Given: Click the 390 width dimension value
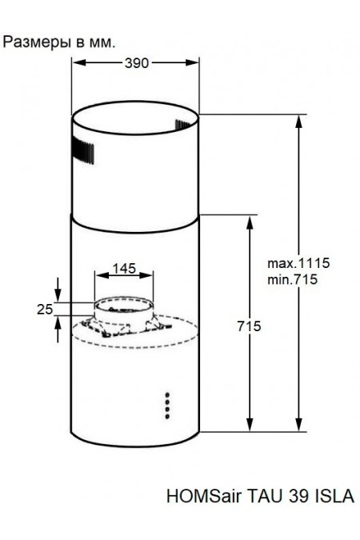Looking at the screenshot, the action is click(137, 63).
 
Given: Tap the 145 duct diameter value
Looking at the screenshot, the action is click(124, 268).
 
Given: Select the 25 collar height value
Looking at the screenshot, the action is click(45, 310).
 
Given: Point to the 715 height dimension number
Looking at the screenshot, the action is click(249, 326).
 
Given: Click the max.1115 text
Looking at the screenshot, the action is click(298, 263).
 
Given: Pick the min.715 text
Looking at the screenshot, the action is click(292, 279).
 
